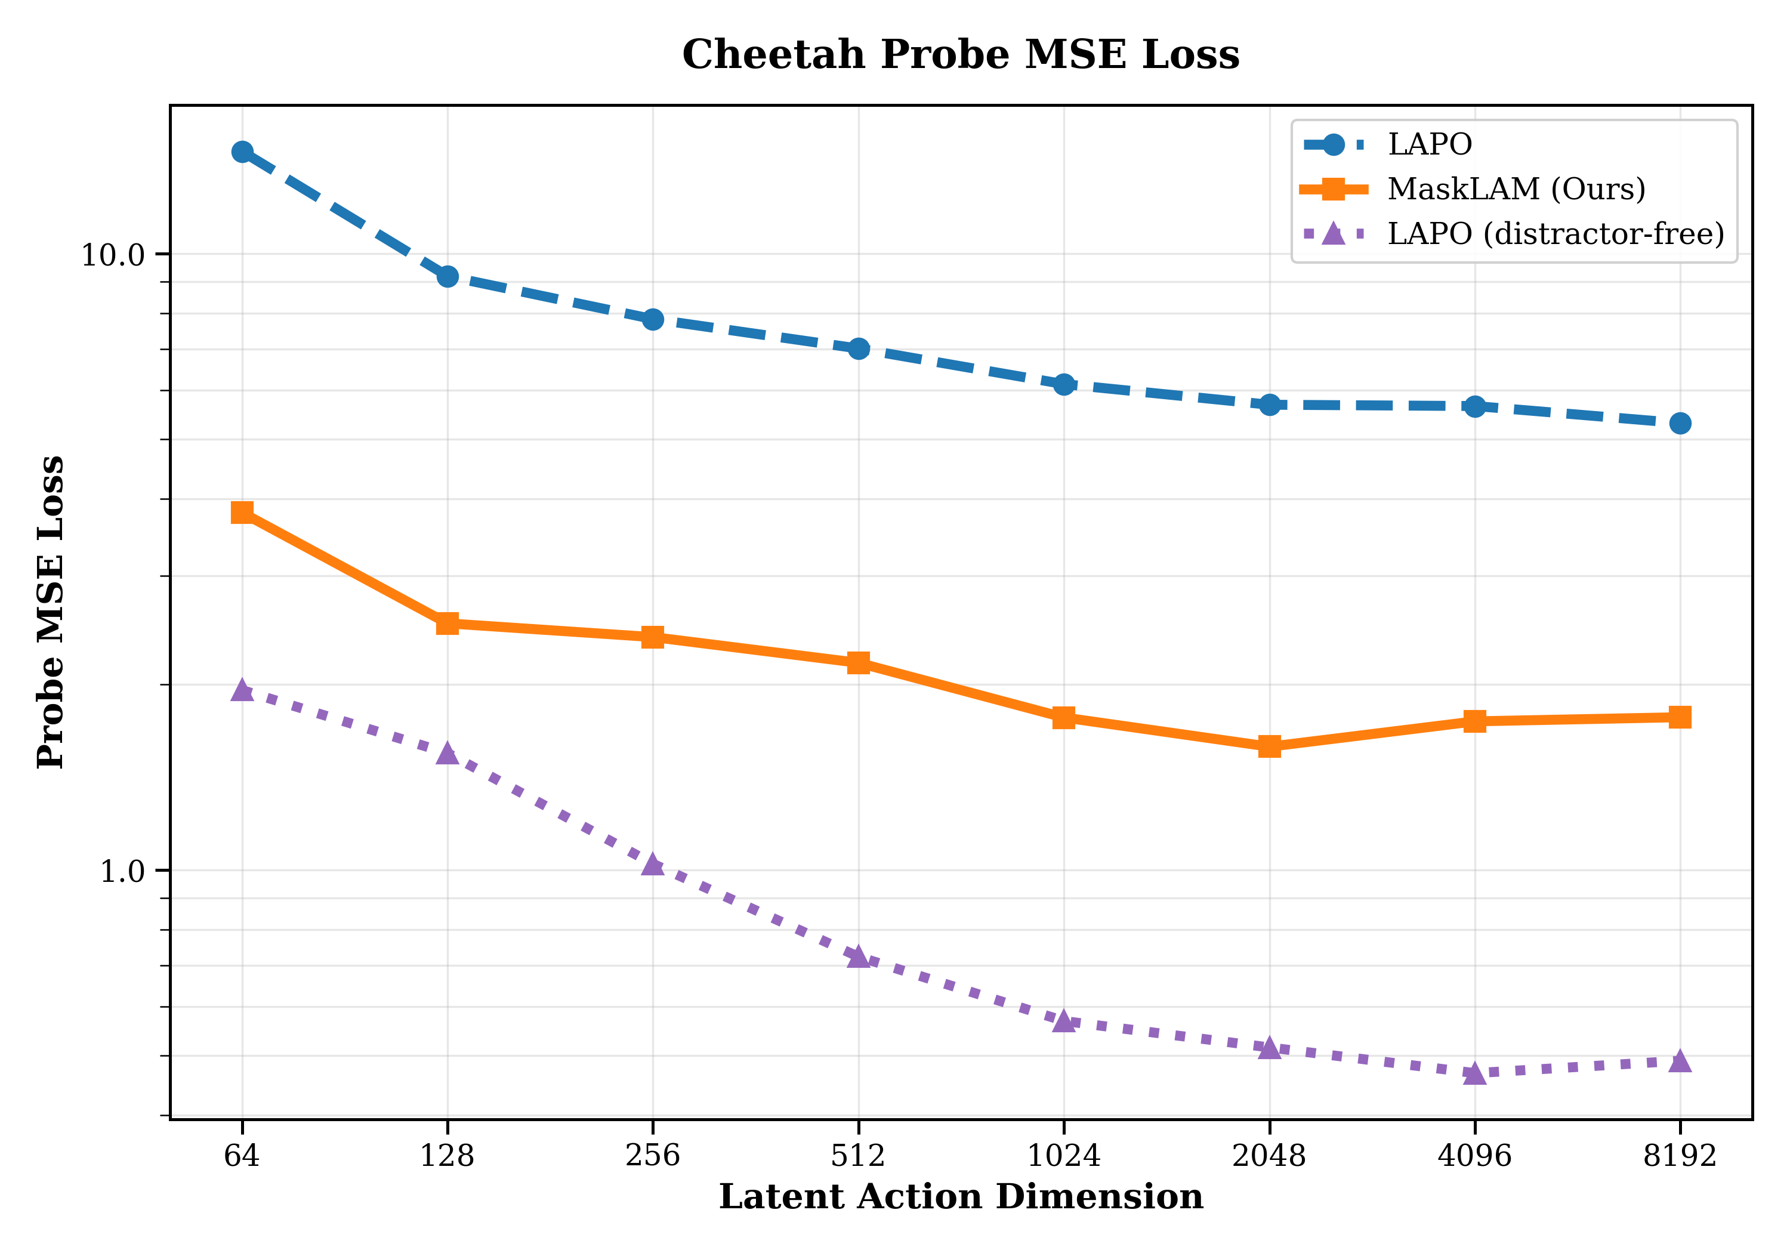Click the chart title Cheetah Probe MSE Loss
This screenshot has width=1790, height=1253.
click(961, 54)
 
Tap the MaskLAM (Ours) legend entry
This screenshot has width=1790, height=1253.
click(1516, 189)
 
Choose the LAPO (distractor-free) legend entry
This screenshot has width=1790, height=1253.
click(1556, 234)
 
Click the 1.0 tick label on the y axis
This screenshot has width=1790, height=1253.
click(123, 872)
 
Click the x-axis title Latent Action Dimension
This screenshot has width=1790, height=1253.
click(961, 1198)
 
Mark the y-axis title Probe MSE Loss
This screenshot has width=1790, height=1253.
click(51, 612)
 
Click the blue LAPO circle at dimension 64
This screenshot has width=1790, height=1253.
click(242, 152)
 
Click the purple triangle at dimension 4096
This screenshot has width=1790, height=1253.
click(1474, 1073)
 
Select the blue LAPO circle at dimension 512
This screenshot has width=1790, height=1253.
click(859, 348)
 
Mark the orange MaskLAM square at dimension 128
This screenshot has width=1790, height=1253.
click(447, 623)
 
